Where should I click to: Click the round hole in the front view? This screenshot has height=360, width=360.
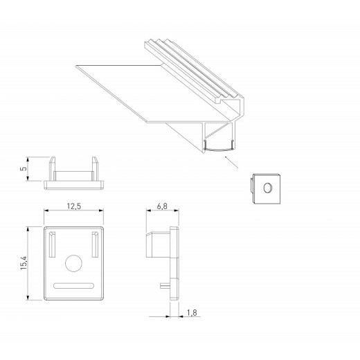[73, 263]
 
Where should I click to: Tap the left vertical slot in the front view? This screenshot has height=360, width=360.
[52, 244]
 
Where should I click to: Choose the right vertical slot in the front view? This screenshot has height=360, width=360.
[94, 244]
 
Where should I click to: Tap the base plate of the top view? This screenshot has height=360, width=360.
[73, 183]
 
